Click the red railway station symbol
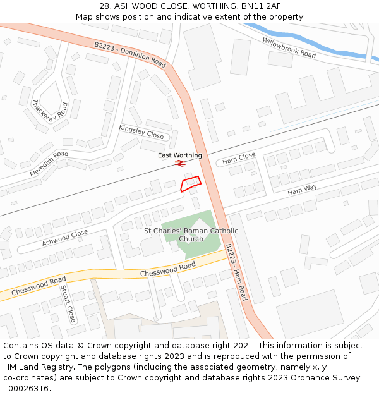[179, 164]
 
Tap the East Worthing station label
[180, 155]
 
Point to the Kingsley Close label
[141, 131]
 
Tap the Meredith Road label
[49, 164]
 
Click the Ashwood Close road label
[65, 238]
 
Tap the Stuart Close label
[68, 303]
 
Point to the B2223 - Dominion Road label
[130, 55]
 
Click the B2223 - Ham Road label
[236, 272]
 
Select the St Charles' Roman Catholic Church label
[191, 234]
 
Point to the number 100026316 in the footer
[25, 388]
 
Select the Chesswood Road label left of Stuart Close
[39, 285]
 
